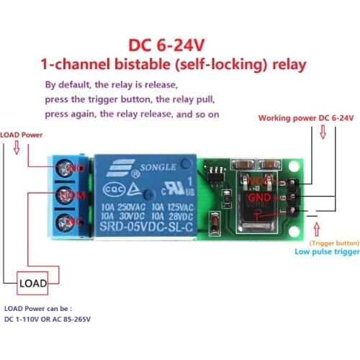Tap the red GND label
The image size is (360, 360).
tap(258, 197)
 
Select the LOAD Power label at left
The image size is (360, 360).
tap(22, 135)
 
